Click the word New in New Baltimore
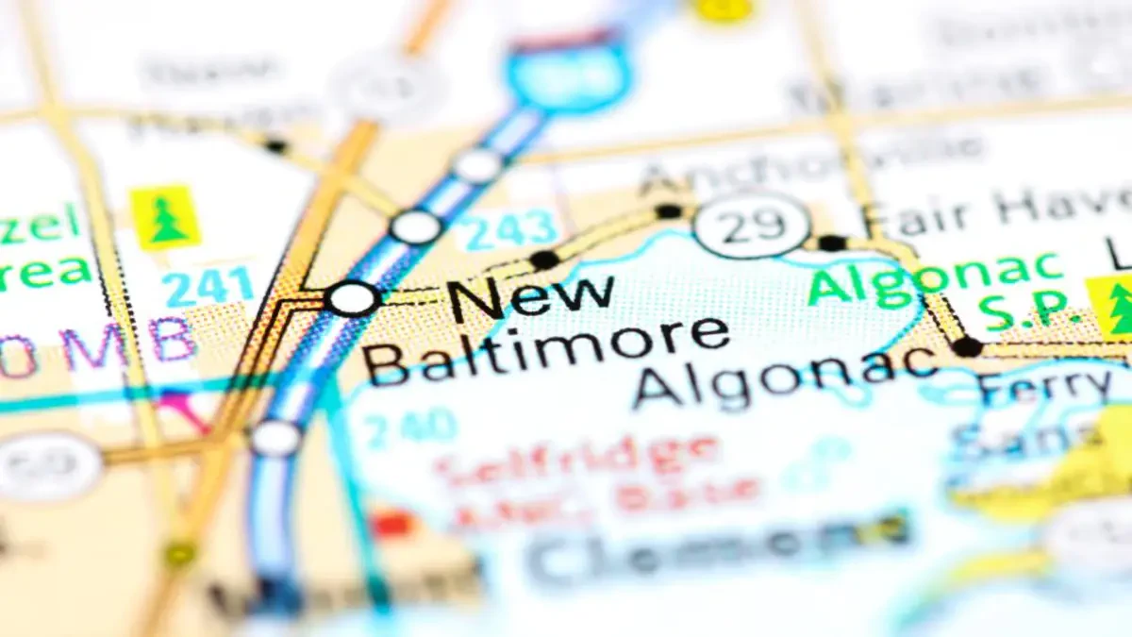(x=531, y=297)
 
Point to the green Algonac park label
(x=934, y=278)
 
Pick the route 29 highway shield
(x=752, y=225)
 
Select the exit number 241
(x=208, y=287)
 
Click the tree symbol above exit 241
(x=165, y=218)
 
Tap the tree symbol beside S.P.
(x=1114, y=307)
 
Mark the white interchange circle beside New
(x=353, y=298)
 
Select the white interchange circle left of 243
(x=416, y=227)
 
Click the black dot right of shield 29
(x=831, y=243)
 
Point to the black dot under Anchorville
(x=668, y=211)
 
